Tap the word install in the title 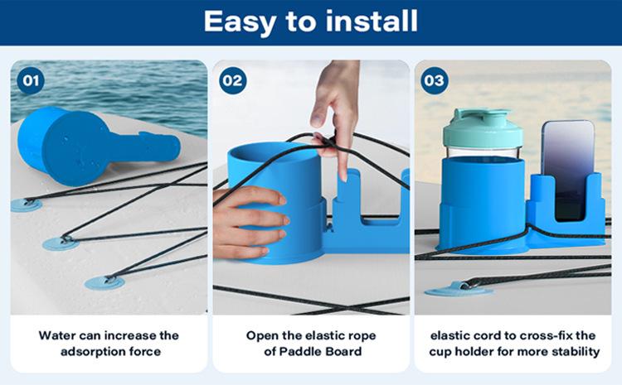click(x=372, y=21)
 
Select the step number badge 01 click(x=31, y=81)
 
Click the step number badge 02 click(x=232, y=81)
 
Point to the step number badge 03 click(x=434, y=81)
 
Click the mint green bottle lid click(x=483, y=128)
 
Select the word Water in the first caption click(x=57, y=335)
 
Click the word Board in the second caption click(x=343, y=351)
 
